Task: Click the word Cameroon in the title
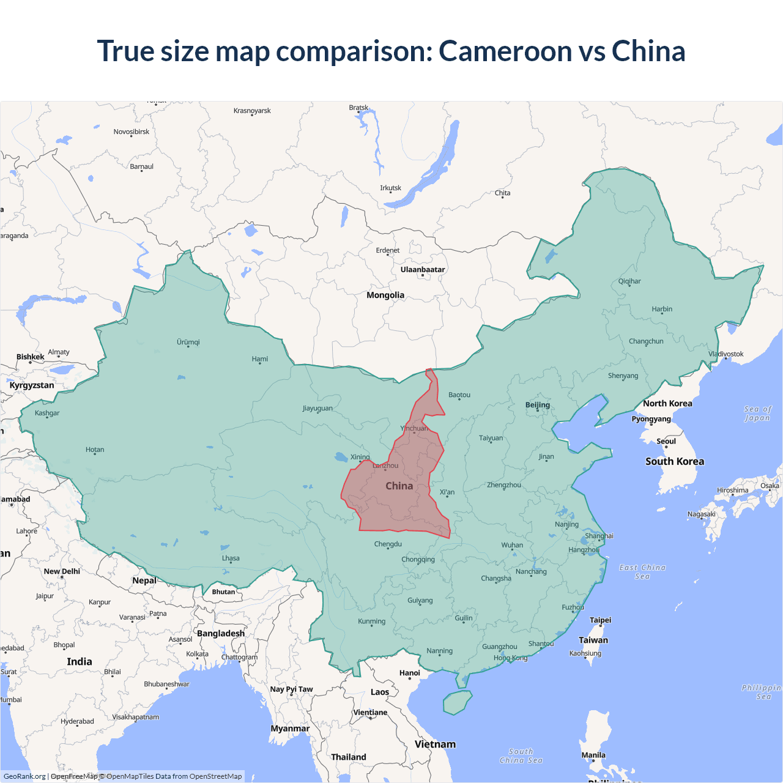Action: pyautogui.click(x=505, y=51)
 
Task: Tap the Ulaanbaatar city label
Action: pyautogui.click(x=423, y=270)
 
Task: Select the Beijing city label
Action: pyautogui.click(x=537, y=405)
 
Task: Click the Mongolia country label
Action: pyautogui.click(x=385, y=295)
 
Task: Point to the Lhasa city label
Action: pyautogui.click(x=231, y=558)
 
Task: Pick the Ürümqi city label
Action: pyautogui.click(x=188, y=343)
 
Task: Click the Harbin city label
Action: pyautogui.click(x=661, y=310)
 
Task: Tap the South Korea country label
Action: pyautogui.click(x=674, y=462)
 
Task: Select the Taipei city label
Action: pyautogui.click(x=600, y=620)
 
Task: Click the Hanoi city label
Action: pyautogui.click(x=409, y=673)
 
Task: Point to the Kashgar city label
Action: pyautogui.click(x=47, y=414)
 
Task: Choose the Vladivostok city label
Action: pyautogui.click(x=725, y=354)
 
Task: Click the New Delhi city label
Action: pyautogui.click(x=62, y=571)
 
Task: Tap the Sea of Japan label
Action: pyautogui.click(x=757, y=414)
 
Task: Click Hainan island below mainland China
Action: pyautogui.click(x=457, y=702)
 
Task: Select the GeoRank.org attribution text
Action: pyautogui.click(x=24, y=776)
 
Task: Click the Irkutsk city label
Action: pyautogui.click(x=390, y=188)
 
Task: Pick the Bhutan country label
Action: pyautogui.click(x=223, y=592)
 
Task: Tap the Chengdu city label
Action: pyautogui.click(x=388, y=544)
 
